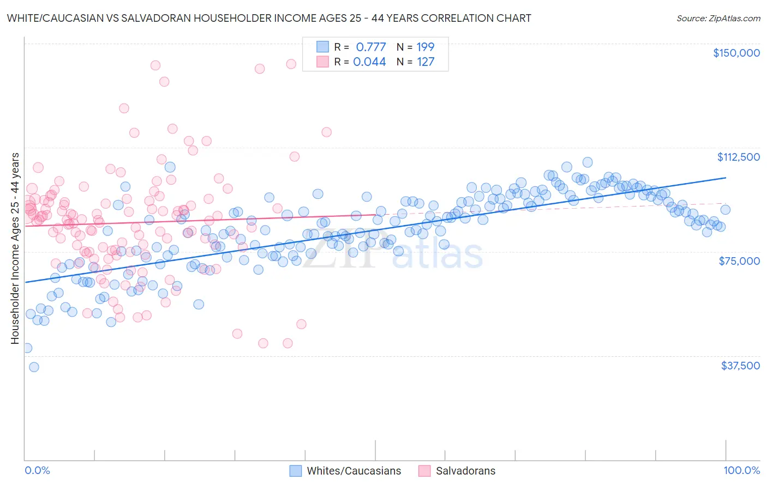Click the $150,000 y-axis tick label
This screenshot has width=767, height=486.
(x=736, y=53)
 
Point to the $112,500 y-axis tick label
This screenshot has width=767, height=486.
(x=738, y=157)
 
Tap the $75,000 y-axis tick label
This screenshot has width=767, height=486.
(x=739, y=261)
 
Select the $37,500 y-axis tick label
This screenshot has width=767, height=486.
(x=740, y=366)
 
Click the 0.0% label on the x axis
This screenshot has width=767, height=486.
(x=37, y=470)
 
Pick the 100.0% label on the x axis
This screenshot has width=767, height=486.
(x=741, y=470)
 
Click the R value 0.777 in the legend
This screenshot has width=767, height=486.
(x=370, y=47)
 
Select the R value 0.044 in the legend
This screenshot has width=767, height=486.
(x=369, y=62)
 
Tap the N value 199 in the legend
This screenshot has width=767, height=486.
(x=426, y=47)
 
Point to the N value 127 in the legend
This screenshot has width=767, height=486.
(x=426, y=62)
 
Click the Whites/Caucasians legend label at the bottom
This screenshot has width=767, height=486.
(x=353, y=471)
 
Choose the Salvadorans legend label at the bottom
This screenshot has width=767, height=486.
(x=465, y=471)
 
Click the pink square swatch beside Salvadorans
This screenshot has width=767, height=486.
(x=424, y=471)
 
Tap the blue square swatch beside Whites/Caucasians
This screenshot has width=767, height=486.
(x=296, y=471)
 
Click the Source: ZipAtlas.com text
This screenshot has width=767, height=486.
(x=718, y=19)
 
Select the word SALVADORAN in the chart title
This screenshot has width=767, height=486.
(x=139, y=18)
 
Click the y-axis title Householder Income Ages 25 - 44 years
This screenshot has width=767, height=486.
(x=15, y=248)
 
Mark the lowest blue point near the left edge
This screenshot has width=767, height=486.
(x=34, y=367)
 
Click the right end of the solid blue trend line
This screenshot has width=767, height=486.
(x=726, y=178)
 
